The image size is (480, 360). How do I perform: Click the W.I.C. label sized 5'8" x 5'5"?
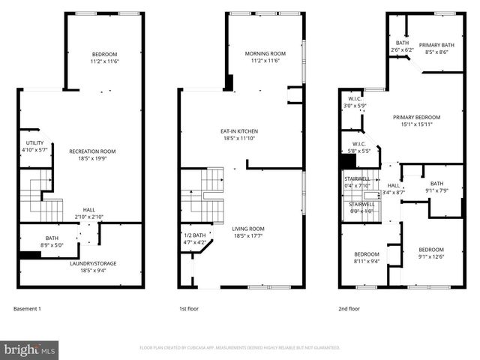pos(358,147)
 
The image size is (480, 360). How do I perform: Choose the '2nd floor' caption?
pos(349,308)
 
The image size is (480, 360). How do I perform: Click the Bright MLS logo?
pos(30,349)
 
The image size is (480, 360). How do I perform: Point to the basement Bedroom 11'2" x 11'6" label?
pos(105,57)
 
